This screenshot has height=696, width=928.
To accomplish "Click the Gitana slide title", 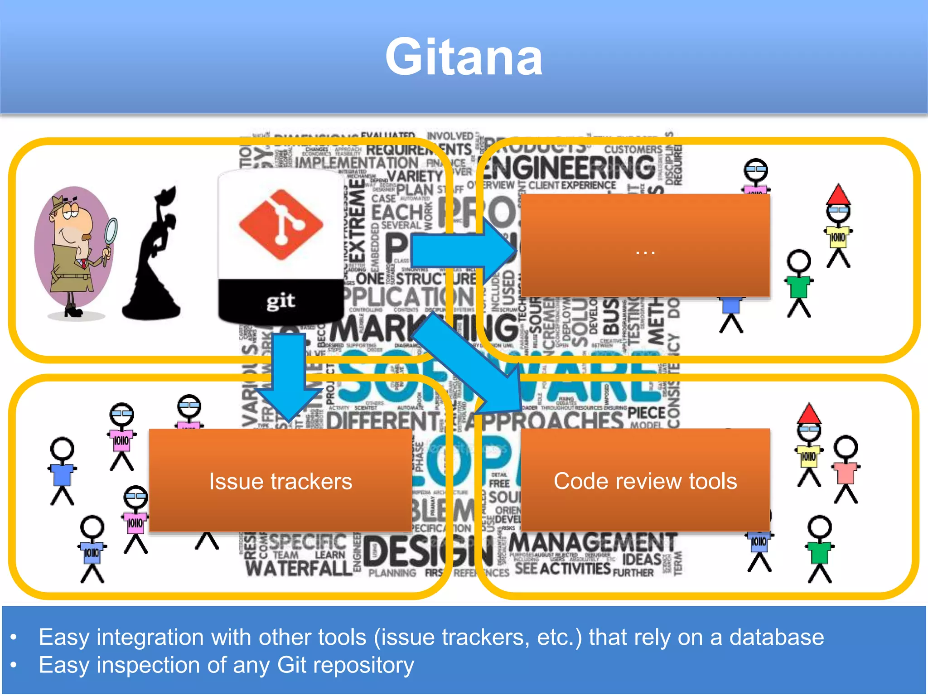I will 464,58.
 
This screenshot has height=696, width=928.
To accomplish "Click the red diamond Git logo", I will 281,224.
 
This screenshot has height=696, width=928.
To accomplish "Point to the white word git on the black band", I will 281,301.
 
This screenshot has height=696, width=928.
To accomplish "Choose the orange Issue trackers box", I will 280,480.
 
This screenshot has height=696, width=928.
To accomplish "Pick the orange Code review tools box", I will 645,480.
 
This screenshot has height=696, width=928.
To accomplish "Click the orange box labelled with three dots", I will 645,246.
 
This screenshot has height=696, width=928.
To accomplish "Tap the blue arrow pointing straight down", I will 289,376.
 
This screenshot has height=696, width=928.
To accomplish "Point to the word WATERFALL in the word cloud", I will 299,568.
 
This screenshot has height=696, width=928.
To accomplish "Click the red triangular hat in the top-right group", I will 838,195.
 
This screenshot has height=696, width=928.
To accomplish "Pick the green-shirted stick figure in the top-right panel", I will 799,283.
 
